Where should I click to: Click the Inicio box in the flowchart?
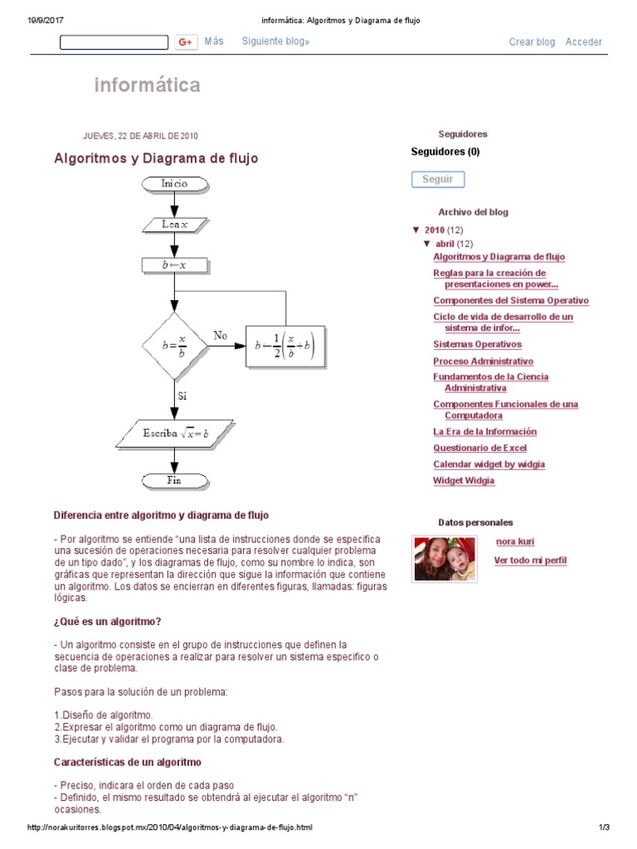tap(175, 183)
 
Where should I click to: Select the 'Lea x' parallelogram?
tap(175, 224)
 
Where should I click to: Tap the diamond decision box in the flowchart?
tap(175, 346)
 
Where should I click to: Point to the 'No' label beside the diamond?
tap(220, 335)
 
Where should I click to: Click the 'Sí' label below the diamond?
tap(182, 396)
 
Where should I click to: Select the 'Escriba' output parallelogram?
tap(175, 433)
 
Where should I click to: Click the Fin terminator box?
tap(175, 480)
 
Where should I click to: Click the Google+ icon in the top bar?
tap(185, 42)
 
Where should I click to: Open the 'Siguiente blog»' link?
tap(275, 41)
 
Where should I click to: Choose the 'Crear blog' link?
tap(532, 42)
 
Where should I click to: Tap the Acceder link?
tap(584, 42)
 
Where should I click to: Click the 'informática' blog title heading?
tap(147, 85)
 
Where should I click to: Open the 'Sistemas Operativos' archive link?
tap(477, 344)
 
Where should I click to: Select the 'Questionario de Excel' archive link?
tap(479, 448)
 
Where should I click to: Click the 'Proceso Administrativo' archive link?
tap(483, 361)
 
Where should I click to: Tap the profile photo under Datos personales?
tap(445, 559)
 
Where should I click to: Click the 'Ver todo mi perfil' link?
tap(530, 560)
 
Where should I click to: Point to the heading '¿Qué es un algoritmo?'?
tap(107, 622)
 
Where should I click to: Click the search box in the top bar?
tap(114, 42)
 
